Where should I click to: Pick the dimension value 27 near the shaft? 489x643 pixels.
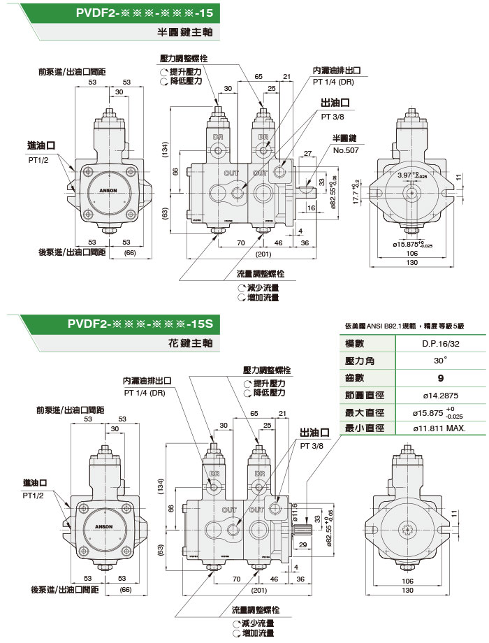pyautogui.click(x=307, y=153)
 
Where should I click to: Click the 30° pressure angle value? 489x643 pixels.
pyautogui.click(x=439, y=361)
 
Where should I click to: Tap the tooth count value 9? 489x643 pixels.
pyautogui.click(x=439, y=378)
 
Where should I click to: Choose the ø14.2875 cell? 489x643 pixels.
pyautogui.click(x=439, y=395)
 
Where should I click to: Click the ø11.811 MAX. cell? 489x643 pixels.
pyautogui.click(x=439, y=428)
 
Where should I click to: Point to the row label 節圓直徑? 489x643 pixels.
pyautogui.click(x=359, y=395)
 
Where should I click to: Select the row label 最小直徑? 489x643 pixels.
pyautogui.click(x=359, y=428)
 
